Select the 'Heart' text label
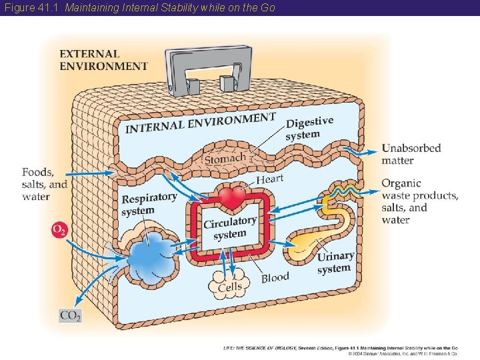[269, 179]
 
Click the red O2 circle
[59, 230]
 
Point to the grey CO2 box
[70, 315]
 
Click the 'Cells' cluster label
[230, 286]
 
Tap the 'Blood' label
[275, 277]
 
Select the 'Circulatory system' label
[230, 227]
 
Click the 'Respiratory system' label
[149, 204]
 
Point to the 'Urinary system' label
[335, 262]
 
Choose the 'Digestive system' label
[309, 128]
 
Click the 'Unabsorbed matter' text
[411, 154]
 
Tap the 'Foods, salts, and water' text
[44, 184]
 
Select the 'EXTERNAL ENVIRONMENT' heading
[103, 60]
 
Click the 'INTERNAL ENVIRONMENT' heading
[200, 123]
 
